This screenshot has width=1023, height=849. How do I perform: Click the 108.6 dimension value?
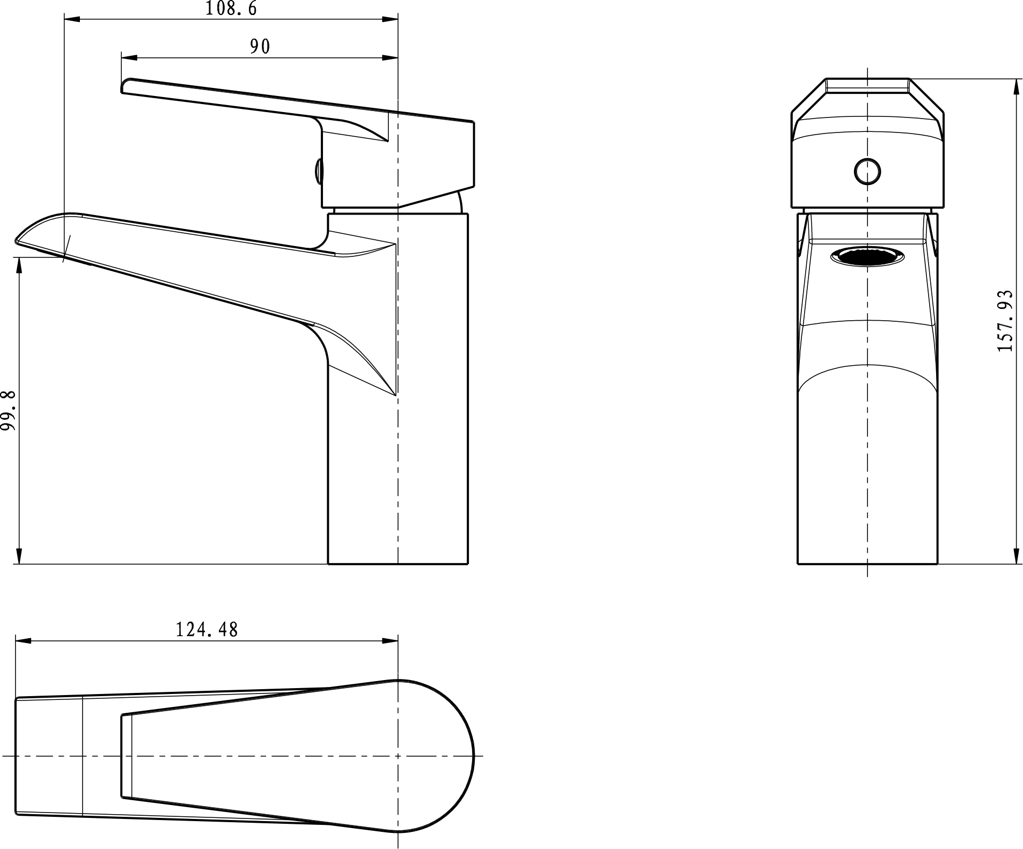tap(231, 9)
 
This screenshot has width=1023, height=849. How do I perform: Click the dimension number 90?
tap(260, 47)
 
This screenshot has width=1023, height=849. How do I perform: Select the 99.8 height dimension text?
tap(9, 410)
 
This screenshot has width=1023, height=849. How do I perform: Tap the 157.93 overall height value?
tap(1005, 321)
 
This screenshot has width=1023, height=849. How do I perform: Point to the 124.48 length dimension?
tap(207, 629)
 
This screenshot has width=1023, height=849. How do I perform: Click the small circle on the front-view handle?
tap(867, 172)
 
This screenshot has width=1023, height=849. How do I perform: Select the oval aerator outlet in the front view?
tap(867, 257)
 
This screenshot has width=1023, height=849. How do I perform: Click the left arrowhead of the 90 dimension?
tap(129, 58)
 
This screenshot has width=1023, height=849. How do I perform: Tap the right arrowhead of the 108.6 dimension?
tap(390, 19)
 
